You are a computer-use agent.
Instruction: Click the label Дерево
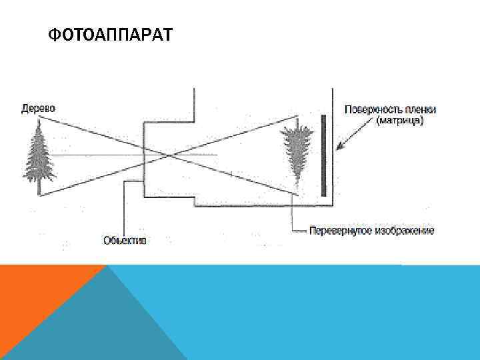[x=38, y=108]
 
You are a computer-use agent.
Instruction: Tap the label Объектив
[x=125, y=239]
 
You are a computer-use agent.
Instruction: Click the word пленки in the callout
[x=414, y=109]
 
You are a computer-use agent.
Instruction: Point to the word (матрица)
[x=399, y=121]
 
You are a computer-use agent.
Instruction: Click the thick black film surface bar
[x=323, y=155]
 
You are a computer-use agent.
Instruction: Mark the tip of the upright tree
[x=39, y=122]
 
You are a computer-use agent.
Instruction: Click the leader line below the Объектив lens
[x=125, y=207]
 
